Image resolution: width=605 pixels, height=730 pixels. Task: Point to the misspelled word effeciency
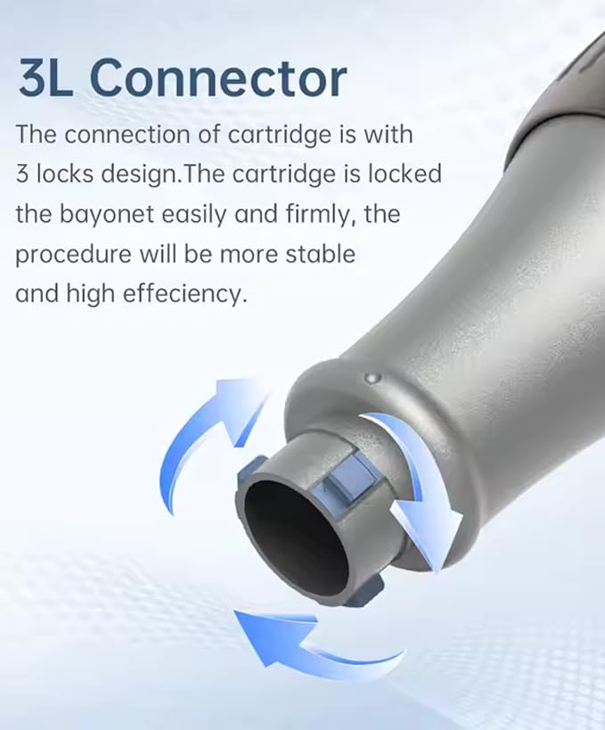tap(184, 294)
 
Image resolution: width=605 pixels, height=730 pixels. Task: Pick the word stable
tap(320, 254)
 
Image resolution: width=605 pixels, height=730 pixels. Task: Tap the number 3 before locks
tap(23, 174)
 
